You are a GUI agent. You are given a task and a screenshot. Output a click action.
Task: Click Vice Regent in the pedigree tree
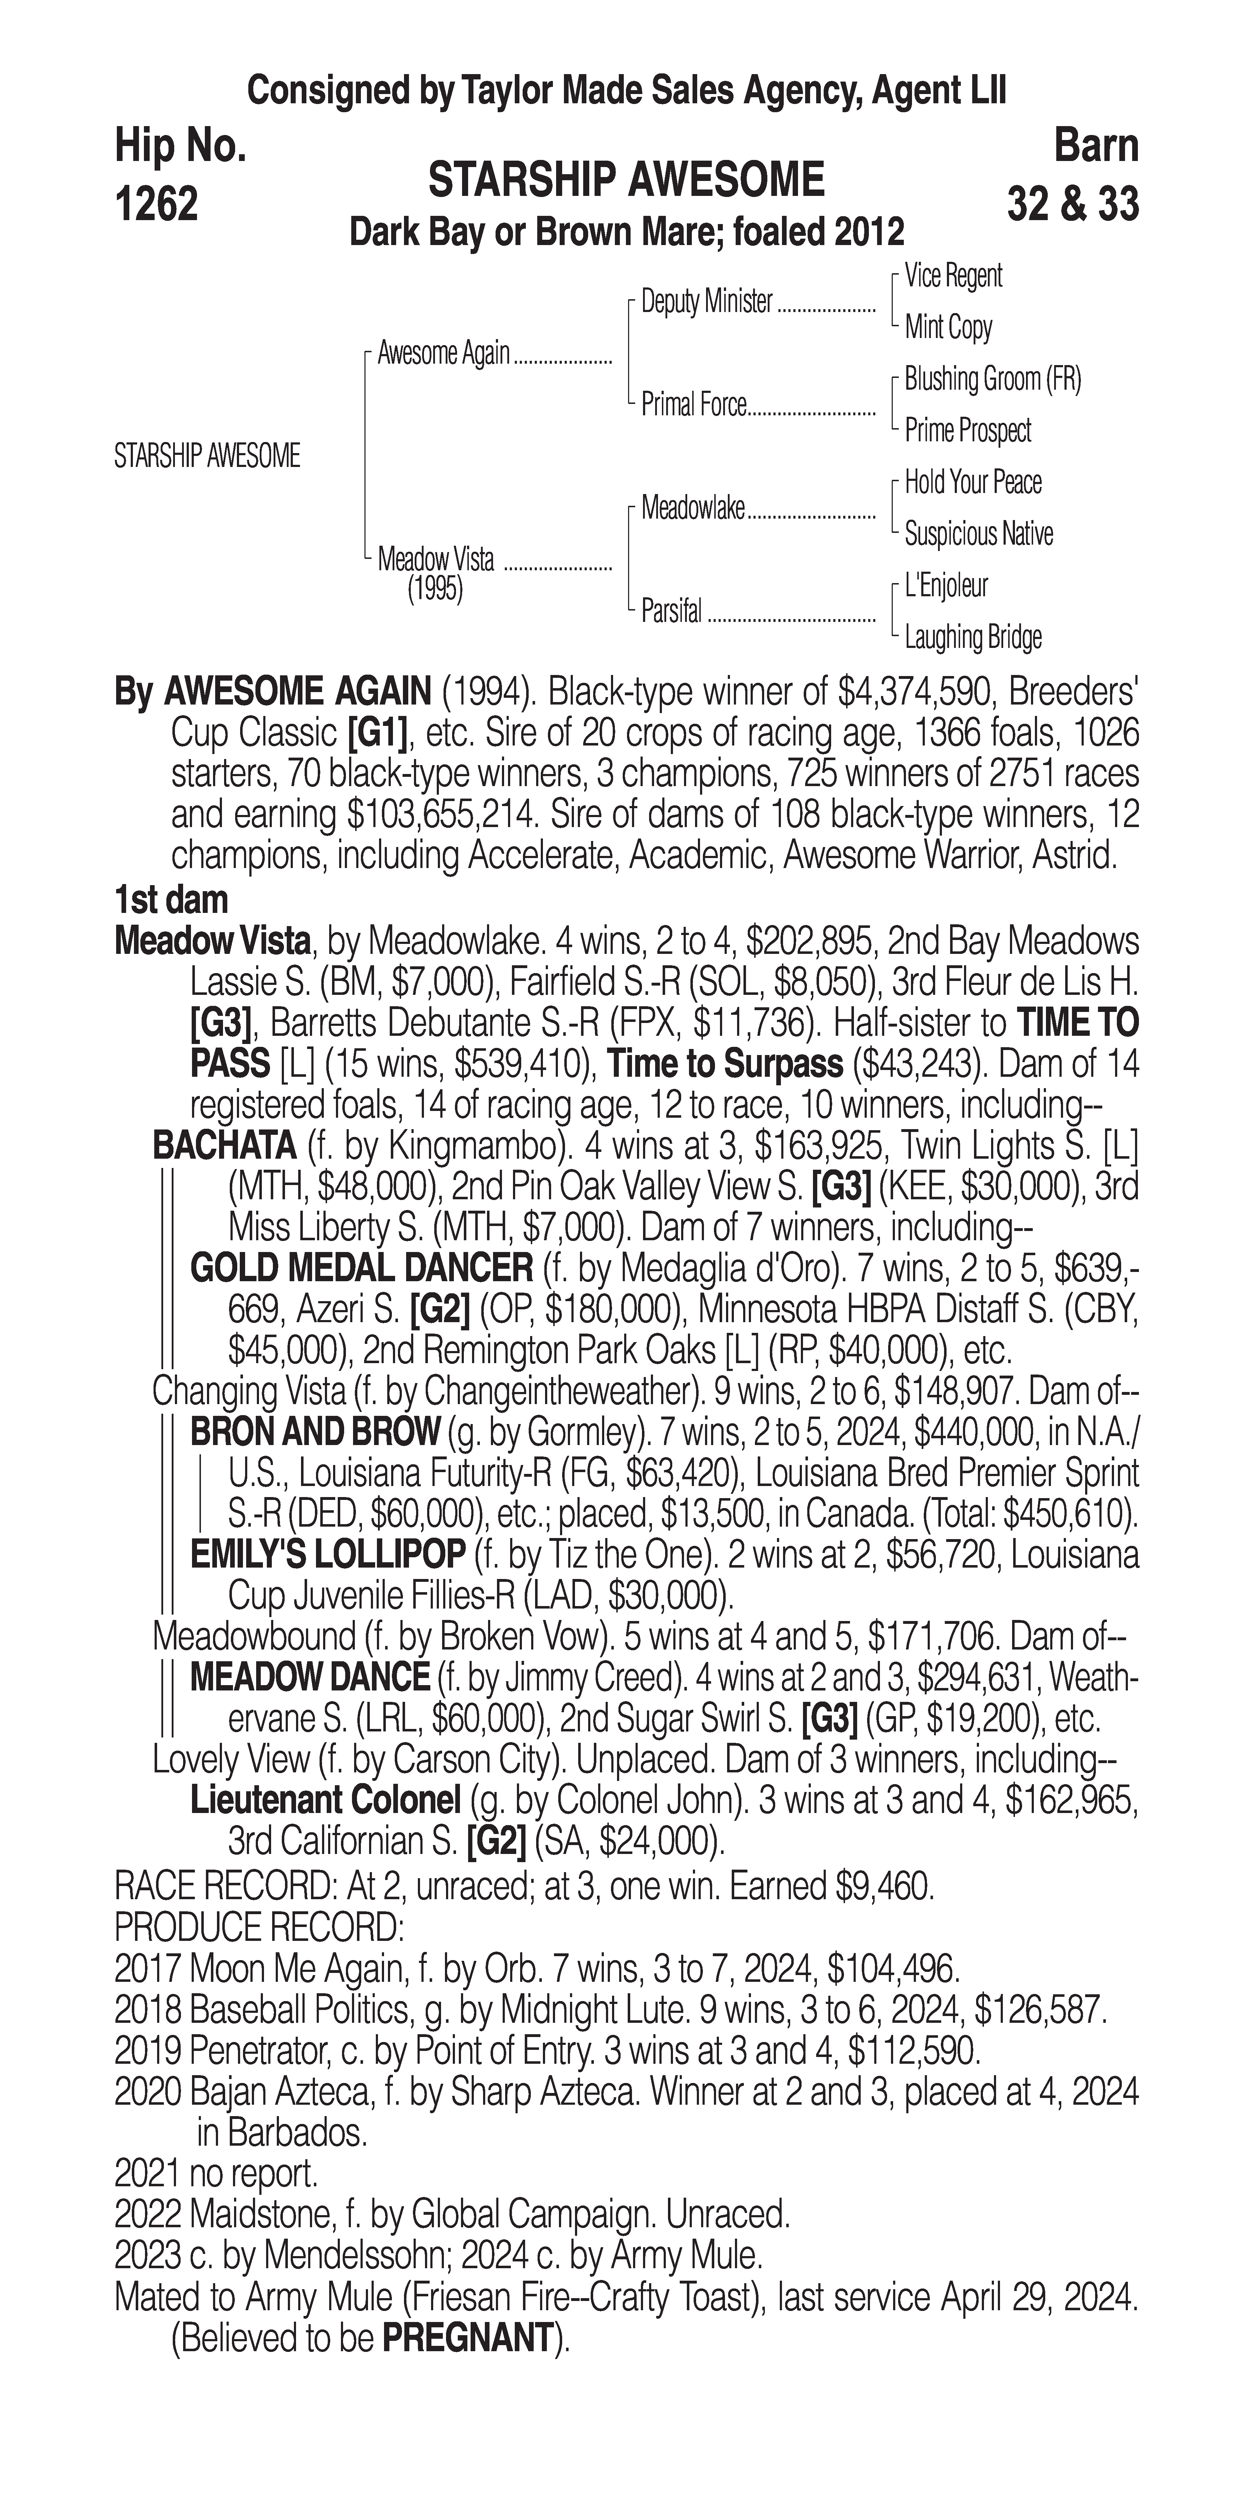[953, 276]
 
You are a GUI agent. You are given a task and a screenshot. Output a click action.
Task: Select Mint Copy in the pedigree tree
[948, 328]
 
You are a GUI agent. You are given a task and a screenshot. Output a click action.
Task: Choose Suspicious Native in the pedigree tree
[978, 534]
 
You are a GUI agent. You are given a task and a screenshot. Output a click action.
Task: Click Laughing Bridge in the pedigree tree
[972, 638]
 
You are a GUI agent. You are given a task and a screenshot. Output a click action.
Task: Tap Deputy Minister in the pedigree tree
[707, 302]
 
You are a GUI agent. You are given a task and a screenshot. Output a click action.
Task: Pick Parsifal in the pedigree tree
[671, 612]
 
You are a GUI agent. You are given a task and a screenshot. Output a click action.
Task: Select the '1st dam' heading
[171, 900]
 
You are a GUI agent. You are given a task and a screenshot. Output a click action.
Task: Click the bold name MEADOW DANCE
[309, 1677]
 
